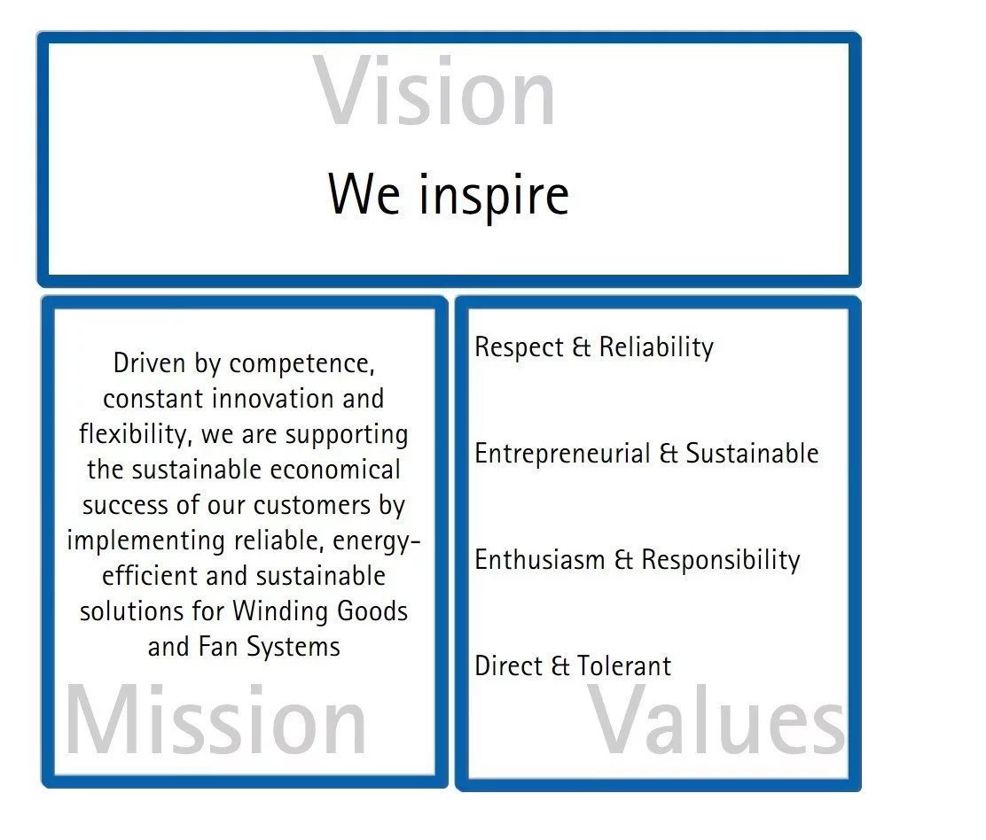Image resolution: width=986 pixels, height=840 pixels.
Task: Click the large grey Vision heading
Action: (434, 92)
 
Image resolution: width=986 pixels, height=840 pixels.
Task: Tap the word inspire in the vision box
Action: (494, 196)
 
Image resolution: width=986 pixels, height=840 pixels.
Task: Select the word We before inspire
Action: (364, 194)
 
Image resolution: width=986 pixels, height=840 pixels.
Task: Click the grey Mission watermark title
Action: (215, 720)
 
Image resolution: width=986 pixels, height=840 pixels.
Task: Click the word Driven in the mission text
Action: (149, 363)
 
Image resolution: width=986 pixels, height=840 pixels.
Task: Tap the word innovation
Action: (271, 399)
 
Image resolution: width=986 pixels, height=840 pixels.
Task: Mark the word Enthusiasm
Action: (539, 560)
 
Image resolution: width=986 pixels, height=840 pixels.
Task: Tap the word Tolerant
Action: (624, 666)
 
